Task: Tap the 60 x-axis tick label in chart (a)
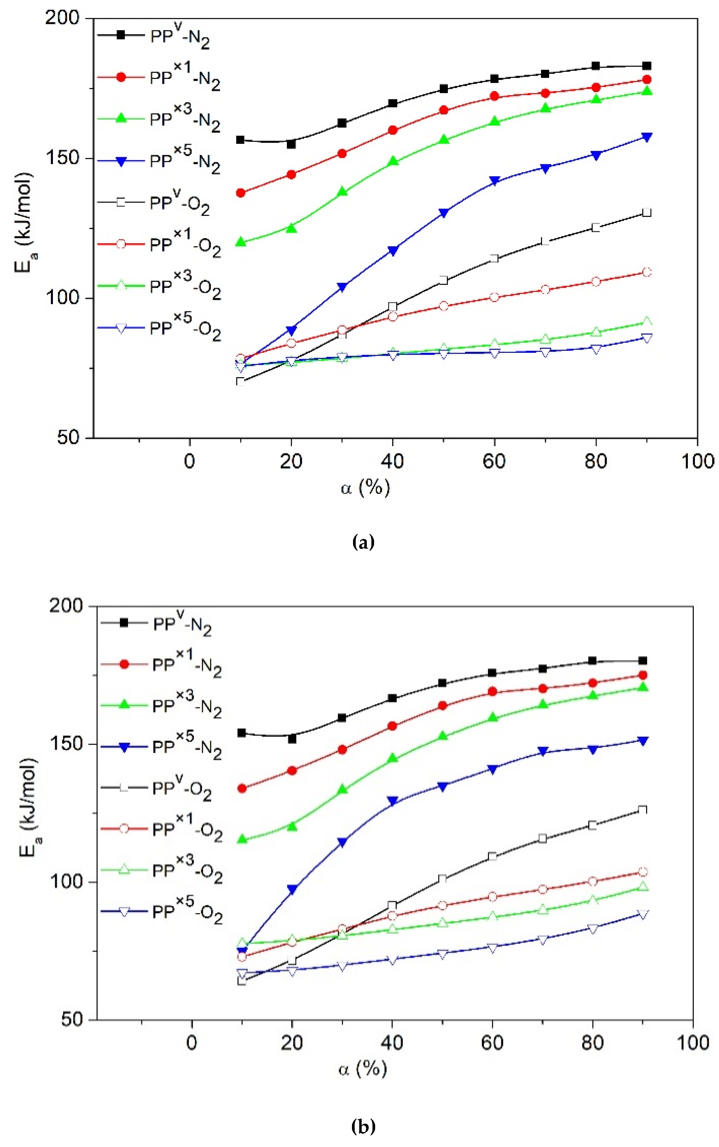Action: [x=493, y=461]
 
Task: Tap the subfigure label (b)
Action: [x=363, y=1126]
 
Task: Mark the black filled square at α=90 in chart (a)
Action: [x=646, y=66]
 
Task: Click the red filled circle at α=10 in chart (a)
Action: [x=241, y=193]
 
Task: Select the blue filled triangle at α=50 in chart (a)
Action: [x=443, y=213]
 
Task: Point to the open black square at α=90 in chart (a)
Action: [x=646, y=213]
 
